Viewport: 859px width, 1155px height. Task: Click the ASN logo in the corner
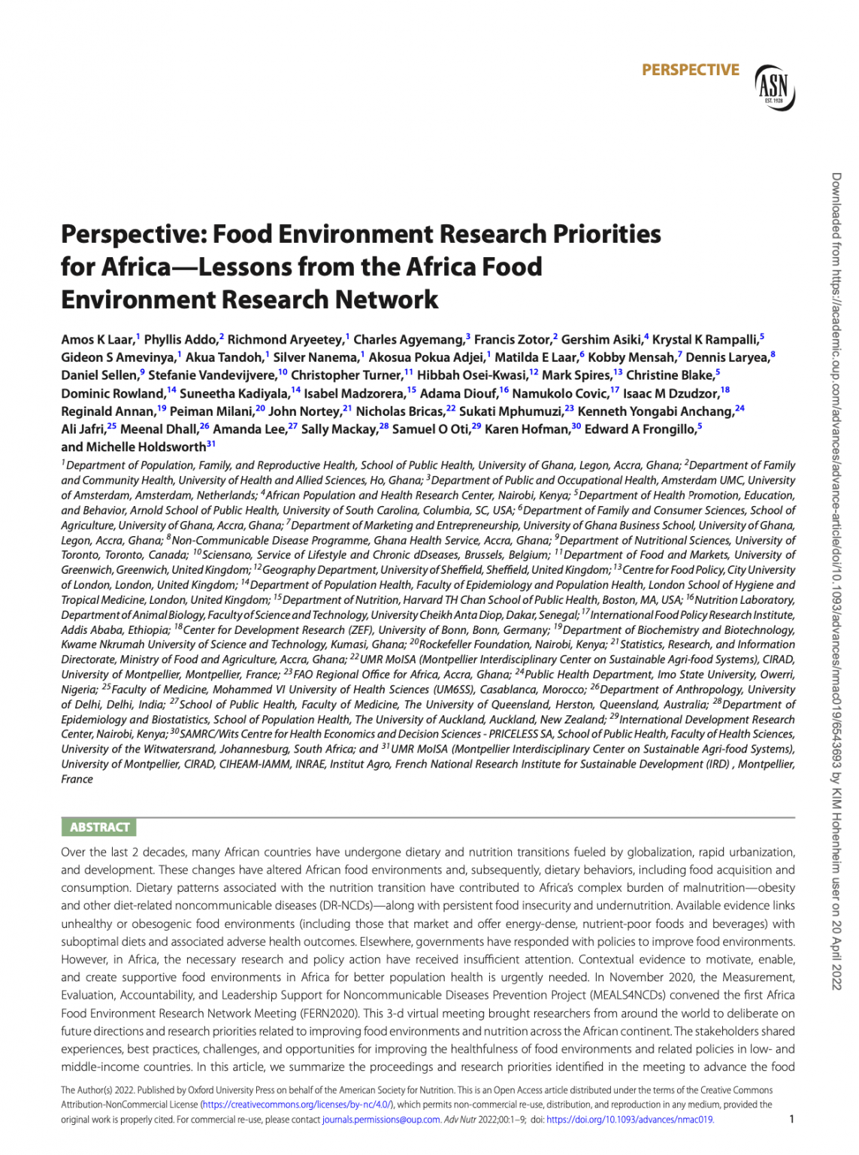774,87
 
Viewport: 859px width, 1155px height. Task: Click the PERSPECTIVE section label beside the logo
690,70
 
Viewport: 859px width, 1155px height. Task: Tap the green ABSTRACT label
99,827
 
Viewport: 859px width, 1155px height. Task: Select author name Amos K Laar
97,340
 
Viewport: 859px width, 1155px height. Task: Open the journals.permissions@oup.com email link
381,1120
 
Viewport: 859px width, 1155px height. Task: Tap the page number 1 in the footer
791,1119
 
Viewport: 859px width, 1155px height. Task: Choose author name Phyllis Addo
180,340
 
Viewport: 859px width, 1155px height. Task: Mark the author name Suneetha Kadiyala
234,393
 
